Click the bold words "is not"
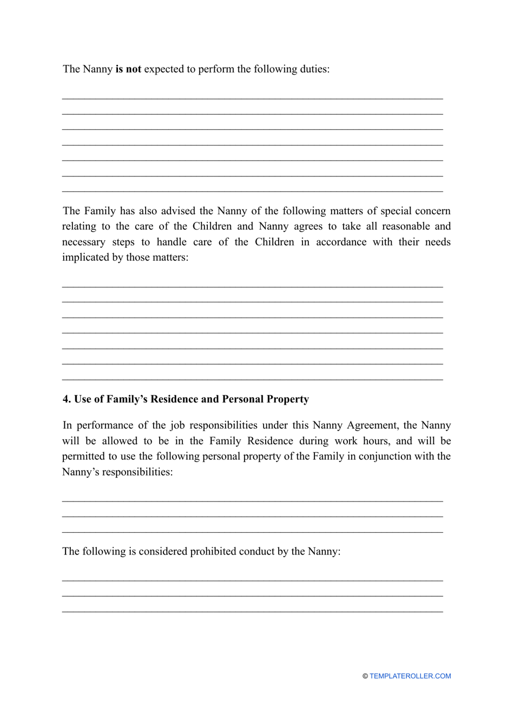(x=128, y=69)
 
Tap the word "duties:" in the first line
(x=313, y=69)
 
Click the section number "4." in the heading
(x=67, y=399)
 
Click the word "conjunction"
(x=385, y=457)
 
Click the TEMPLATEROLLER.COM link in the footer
(x=410, y=676)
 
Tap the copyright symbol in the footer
(x=365, y=676)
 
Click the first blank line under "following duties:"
(x=252, y=98)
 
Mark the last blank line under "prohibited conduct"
(x=252, y=611)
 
